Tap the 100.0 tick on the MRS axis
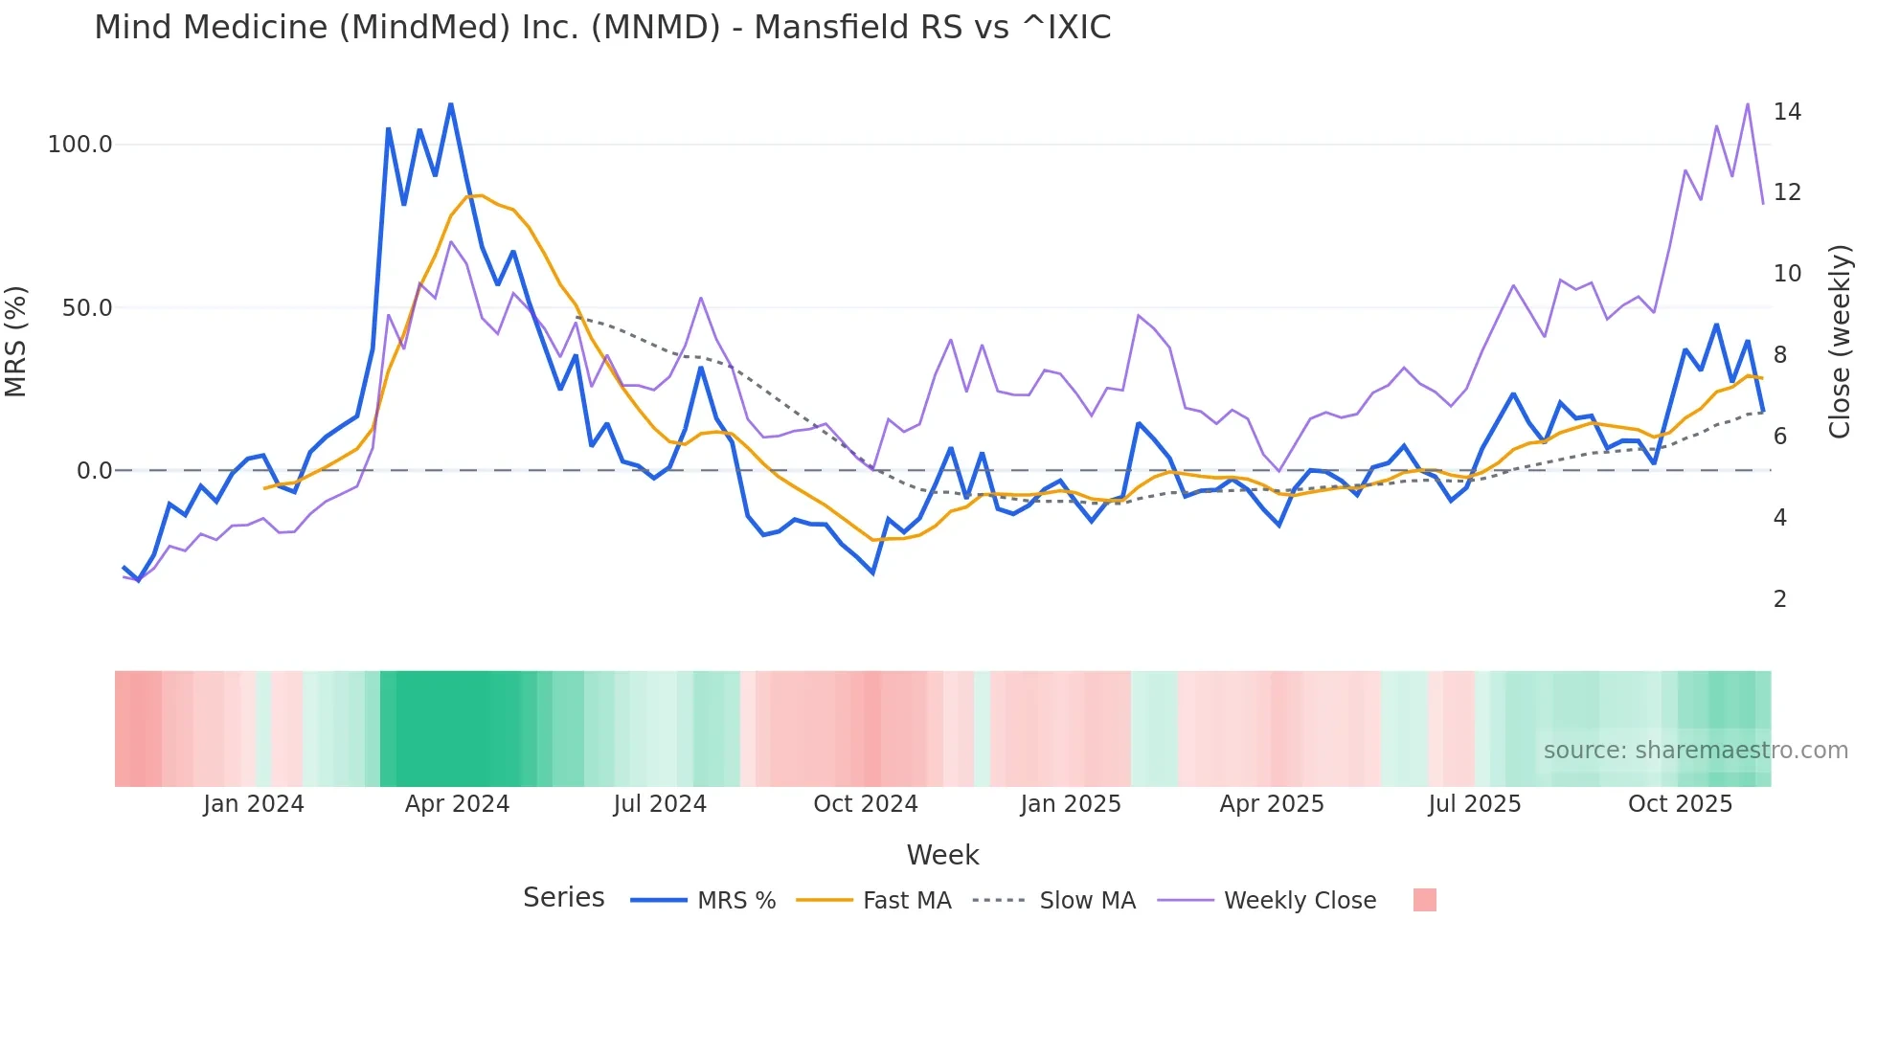tap(80, 145)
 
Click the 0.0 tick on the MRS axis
tap(94, 471)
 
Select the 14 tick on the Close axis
tap(1787, 112)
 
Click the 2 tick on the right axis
tap(1780, 599)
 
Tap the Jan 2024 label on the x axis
tap(253, 804)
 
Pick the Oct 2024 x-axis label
tap(865, 804)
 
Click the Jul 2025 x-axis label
tap(1474, 804)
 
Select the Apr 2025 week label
tap(1271, 804)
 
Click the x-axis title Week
tap(942, 855)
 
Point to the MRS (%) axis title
tap(16, 341)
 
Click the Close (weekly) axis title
tap(1839, 341)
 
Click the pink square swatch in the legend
tap(1424, 900)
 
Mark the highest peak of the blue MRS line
tap(451, 104)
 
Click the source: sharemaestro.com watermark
tap(1695, 751)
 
